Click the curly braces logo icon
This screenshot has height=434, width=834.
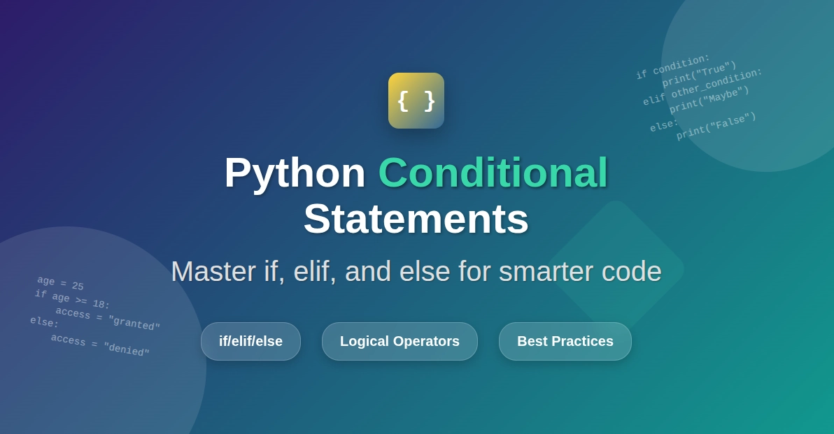click(416, 101)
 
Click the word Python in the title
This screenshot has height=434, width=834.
click(295, 172)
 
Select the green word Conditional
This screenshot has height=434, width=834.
click(493, 172)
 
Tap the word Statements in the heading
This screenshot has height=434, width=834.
click(416, 218)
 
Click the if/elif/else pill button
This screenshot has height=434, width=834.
click(250, 341)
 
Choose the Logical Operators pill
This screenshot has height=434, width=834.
click(400, 341)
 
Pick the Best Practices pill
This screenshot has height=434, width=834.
click(565, 341)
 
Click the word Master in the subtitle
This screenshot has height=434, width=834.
click(213, 271)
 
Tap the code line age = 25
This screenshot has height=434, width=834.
click(60, 283)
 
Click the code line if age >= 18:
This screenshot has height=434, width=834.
click(72, 299)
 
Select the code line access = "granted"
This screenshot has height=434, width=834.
click(108, 318)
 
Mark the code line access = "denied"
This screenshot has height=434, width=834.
click(100, 345)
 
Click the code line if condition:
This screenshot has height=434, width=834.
click(672, 66)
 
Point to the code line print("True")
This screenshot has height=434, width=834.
click(699, 73)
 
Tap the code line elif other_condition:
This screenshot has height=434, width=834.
click(702, 86)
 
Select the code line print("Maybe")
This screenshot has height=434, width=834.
click(709, 99)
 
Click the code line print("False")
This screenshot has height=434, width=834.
click(716, 126)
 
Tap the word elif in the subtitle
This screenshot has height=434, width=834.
click(314, 271)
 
